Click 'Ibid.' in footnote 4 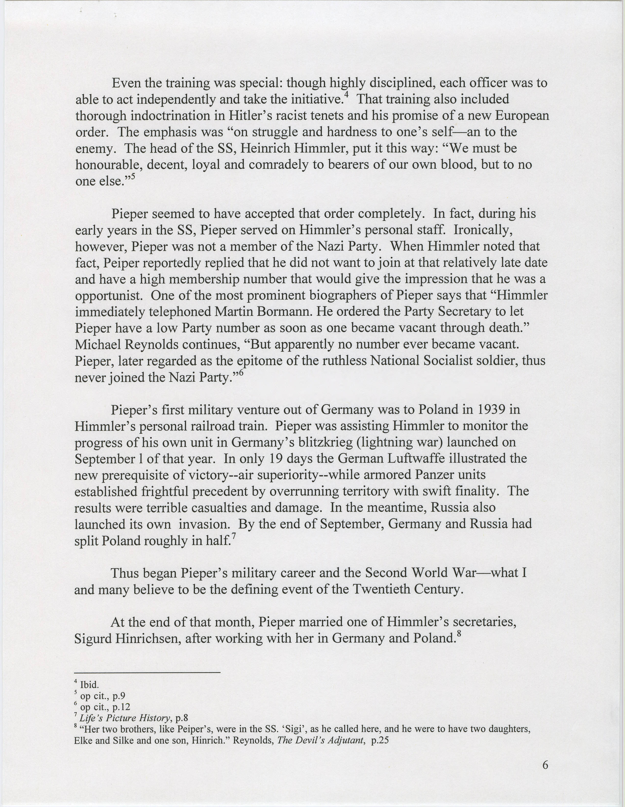(89, 685)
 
